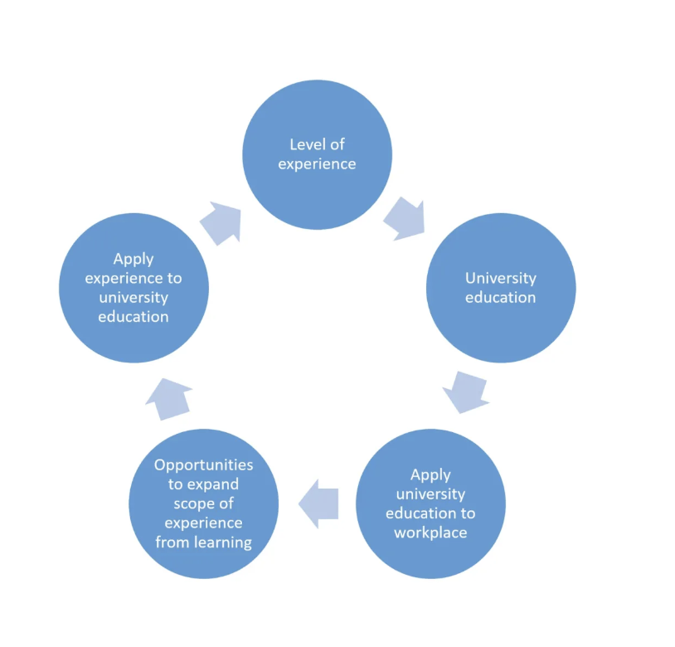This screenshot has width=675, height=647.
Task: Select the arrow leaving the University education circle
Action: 465,390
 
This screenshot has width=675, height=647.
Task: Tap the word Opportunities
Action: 203,465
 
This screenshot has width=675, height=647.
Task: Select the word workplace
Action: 430,533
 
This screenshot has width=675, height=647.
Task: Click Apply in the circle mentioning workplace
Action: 430,474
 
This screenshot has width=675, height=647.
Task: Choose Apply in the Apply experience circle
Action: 134,259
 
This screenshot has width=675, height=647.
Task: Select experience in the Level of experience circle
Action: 317,164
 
